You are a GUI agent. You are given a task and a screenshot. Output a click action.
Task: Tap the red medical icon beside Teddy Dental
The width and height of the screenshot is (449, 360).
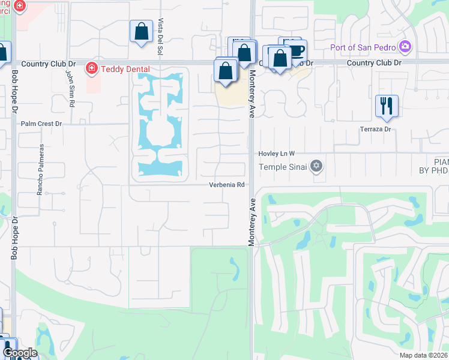tap(92, 68)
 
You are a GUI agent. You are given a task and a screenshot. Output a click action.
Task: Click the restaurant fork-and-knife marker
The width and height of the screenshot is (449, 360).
tap(387, 106)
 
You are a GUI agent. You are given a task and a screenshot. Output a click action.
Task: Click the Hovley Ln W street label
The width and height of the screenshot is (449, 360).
tap(277, 154)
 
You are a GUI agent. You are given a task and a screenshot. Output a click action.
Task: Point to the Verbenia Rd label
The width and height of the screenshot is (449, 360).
tap(227, 185)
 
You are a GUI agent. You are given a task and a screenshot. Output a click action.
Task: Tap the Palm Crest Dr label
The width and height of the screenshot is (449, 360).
tap(41, 124)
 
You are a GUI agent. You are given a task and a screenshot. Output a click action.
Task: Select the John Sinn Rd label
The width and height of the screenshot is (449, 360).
tap(70, 88)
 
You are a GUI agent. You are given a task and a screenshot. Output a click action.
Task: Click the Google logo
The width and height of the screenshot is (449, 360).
tap(20, 353)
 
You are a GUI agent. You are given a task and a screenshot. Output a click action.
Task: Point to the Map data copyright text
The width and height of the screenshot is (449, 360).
tap(424, 355)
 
